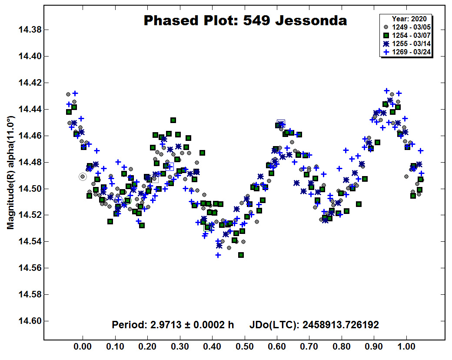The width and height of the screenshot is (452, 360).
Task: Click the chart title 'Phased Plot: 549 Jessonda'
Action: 245,21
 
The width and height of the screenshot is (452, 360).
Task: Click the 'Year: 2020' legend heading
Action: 409,19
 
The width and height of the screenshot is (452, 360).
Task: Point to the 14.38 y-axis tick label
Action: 30,30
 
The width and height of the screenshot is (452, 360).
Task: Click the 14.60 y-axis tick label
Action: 30,321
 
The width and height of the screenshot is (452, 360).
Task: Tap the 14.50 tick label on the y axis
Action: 30,189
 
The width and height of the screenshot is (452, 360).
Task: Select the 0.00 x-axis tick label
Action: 83,346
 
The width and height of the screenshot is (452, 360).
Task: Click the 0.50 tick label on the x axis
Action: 245,346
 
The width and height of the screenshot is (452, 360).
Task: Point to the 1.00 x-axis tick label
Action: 406,346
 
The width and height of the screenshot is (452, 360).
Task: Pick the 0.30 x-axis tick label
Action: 180,346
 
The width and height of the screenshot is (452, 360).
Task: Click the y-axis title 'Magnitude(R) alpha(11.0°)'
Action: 10,173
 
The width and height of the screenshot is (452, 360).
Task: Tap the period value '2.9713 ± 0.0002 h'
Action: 192,325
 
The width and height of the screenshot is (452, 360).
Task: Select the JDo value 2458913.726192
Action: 341,325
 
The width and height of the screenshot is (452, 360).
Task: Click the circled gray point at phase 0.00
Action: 83,177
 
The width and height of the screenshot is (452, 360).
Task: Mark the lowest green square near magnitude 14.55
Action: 241,255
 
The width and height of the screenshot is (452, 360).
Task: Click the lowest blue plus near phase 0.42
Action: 218,255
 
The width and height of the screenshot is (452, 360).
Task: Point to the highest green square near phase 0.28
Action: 173,120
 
